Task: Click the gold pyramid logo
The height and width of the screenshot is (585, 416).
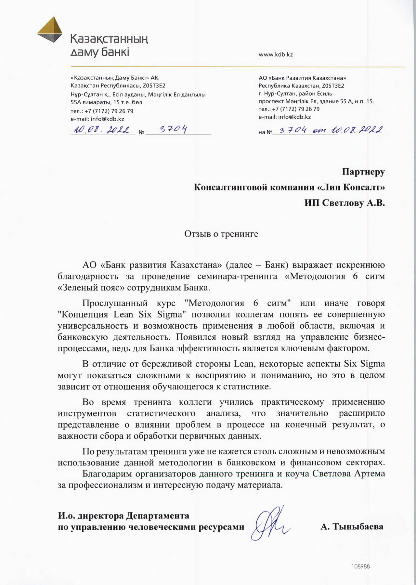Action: pyautogui.click(x=49, y=30)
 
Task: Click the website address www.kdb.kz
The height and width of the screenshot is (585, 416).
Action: pyautogui.click(x=276, y=55)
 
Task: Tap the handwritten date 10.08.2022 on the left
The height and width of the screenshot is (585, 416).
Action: pyautogui.click(x=101, y=130)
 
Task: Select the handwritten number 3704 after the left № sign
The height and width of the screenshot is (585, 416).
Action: pyautogui.click(x=174, y=130)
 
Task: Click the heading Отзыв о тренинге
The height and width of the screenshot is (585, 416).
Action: pyautogui.click(x=221, y=234)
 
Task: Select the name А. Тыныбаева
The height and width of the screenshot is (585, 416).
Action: pyautogui.click(x=352, y=526)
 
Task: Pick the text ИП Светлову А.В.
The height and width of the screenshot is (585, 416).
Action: pyautogui.click(x=344, y=203)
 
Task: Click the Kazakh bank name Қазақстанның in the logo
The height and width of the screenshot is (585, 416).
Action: pyautogui.click(x=109, y=39)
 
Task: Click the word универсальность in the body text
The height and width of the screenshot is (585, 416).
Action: pyautogui.click(x=93, y=326)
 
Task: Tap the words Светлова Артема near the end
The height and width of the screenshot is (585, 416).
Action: pyautogui.click(x=348, y=474)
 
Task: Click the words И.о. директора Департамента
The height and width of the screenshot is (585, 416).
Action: pyautogui.click(x=123, y=516)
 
